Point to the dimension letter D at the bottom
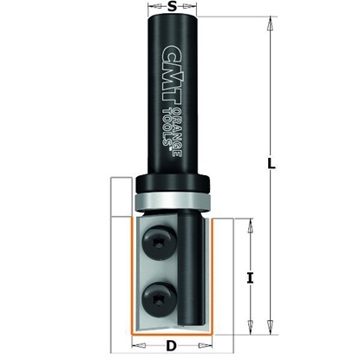point(171,346)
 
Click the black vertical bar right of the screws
point(195,269)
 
